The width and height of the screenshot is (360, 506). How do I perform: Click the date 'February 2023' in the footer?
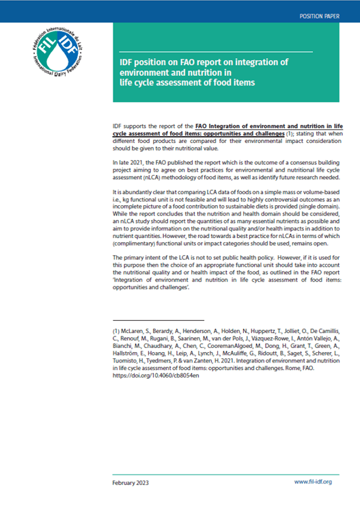133,482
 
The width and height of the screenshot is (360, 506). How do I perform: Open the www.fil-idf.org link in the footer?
313,482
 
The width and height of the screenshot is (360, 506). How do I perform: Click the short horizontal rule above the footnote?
158,319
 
